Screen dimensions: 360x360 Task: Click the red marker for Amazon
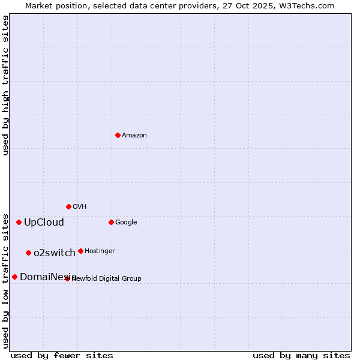pos(118,135)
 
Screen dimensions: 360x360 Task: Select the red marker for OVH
pos(68,206)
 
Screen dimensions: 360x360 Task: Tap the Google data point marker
pos(111,222)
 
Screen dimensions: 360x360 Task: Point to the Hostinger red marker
pos(80,251)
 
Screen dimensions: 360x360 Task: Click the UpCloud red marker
pos(19,222)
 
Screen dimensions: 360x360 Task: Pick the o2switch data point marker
pos(28,253)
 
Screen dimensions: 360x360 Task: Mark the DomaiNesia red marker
pos(14,277)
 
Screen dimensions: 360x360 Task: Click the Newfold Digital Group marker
pos(67,278)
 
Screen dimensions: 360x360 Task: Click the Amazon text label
pos(134,136)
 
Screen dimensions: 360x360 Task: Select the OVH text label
pos(80,207)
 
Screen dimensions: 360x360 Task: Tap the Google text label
pos(126,223)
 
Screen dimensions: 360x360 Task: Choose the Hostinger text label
pos(100,251)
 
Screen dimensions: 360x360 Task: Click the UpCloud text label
pos(44,223)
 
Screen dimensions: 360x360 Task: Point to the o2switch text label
pos(55,253)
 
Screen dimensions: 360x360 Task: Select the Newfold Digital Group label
pos(107,278)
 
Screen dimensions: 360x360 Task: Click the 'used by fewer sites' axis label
pos(62,355)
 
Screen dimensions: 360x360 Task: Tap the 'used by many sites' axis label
pos(301,355)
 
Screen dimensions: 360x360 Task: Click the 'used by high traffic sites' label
pos(5,85)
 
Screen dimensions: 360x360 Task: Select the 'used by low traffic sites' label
pos(5,281)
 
